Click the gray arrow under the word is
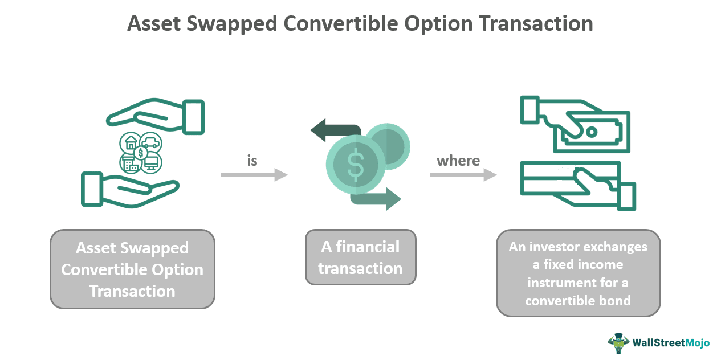click(x=254, y=175)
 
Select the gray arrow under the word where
click(x=463, y=175)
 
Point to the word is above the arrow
click(x=252, y=161)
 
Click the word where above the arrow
click(x=458, y=161)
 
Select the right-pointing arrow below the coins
click(x=377, y=198)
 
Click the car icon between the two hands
click(x=150, y=142)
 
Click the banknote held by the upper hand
click(x=598, y=132)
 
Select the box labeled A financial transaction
click(x=360, y=257)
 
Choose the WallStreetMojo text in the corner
click(x=671, y=343)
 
